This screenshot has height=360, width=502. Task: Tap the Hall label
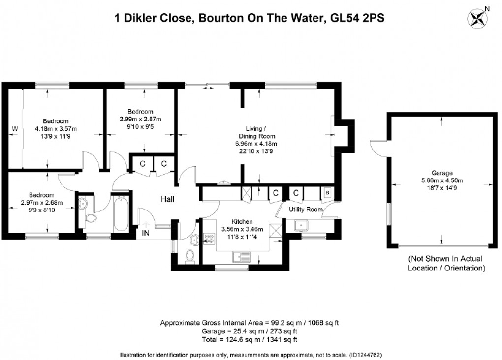167,199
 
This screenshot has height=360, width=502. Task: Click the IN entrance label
146,233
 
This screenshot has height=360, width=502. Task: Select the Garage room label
441,173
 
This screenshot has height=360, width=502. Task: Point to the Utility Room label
305,210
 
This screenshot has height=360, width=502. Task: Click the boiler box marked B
328,193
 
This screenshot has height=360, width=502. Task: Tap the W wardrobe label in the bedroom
15,129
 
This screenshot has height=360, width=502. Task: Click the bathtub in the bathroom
121,214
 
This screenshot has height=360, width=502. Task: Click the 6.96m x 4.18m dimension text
256,144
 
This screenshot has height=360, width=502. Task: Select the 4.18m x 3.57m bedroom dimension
56,129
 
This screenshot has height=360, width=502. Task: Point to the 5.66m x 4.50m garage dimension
441,180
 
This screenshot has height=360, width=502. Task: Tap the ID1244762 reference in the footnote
365,355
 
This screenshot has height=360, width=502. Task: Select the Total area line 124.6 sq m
250,340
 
